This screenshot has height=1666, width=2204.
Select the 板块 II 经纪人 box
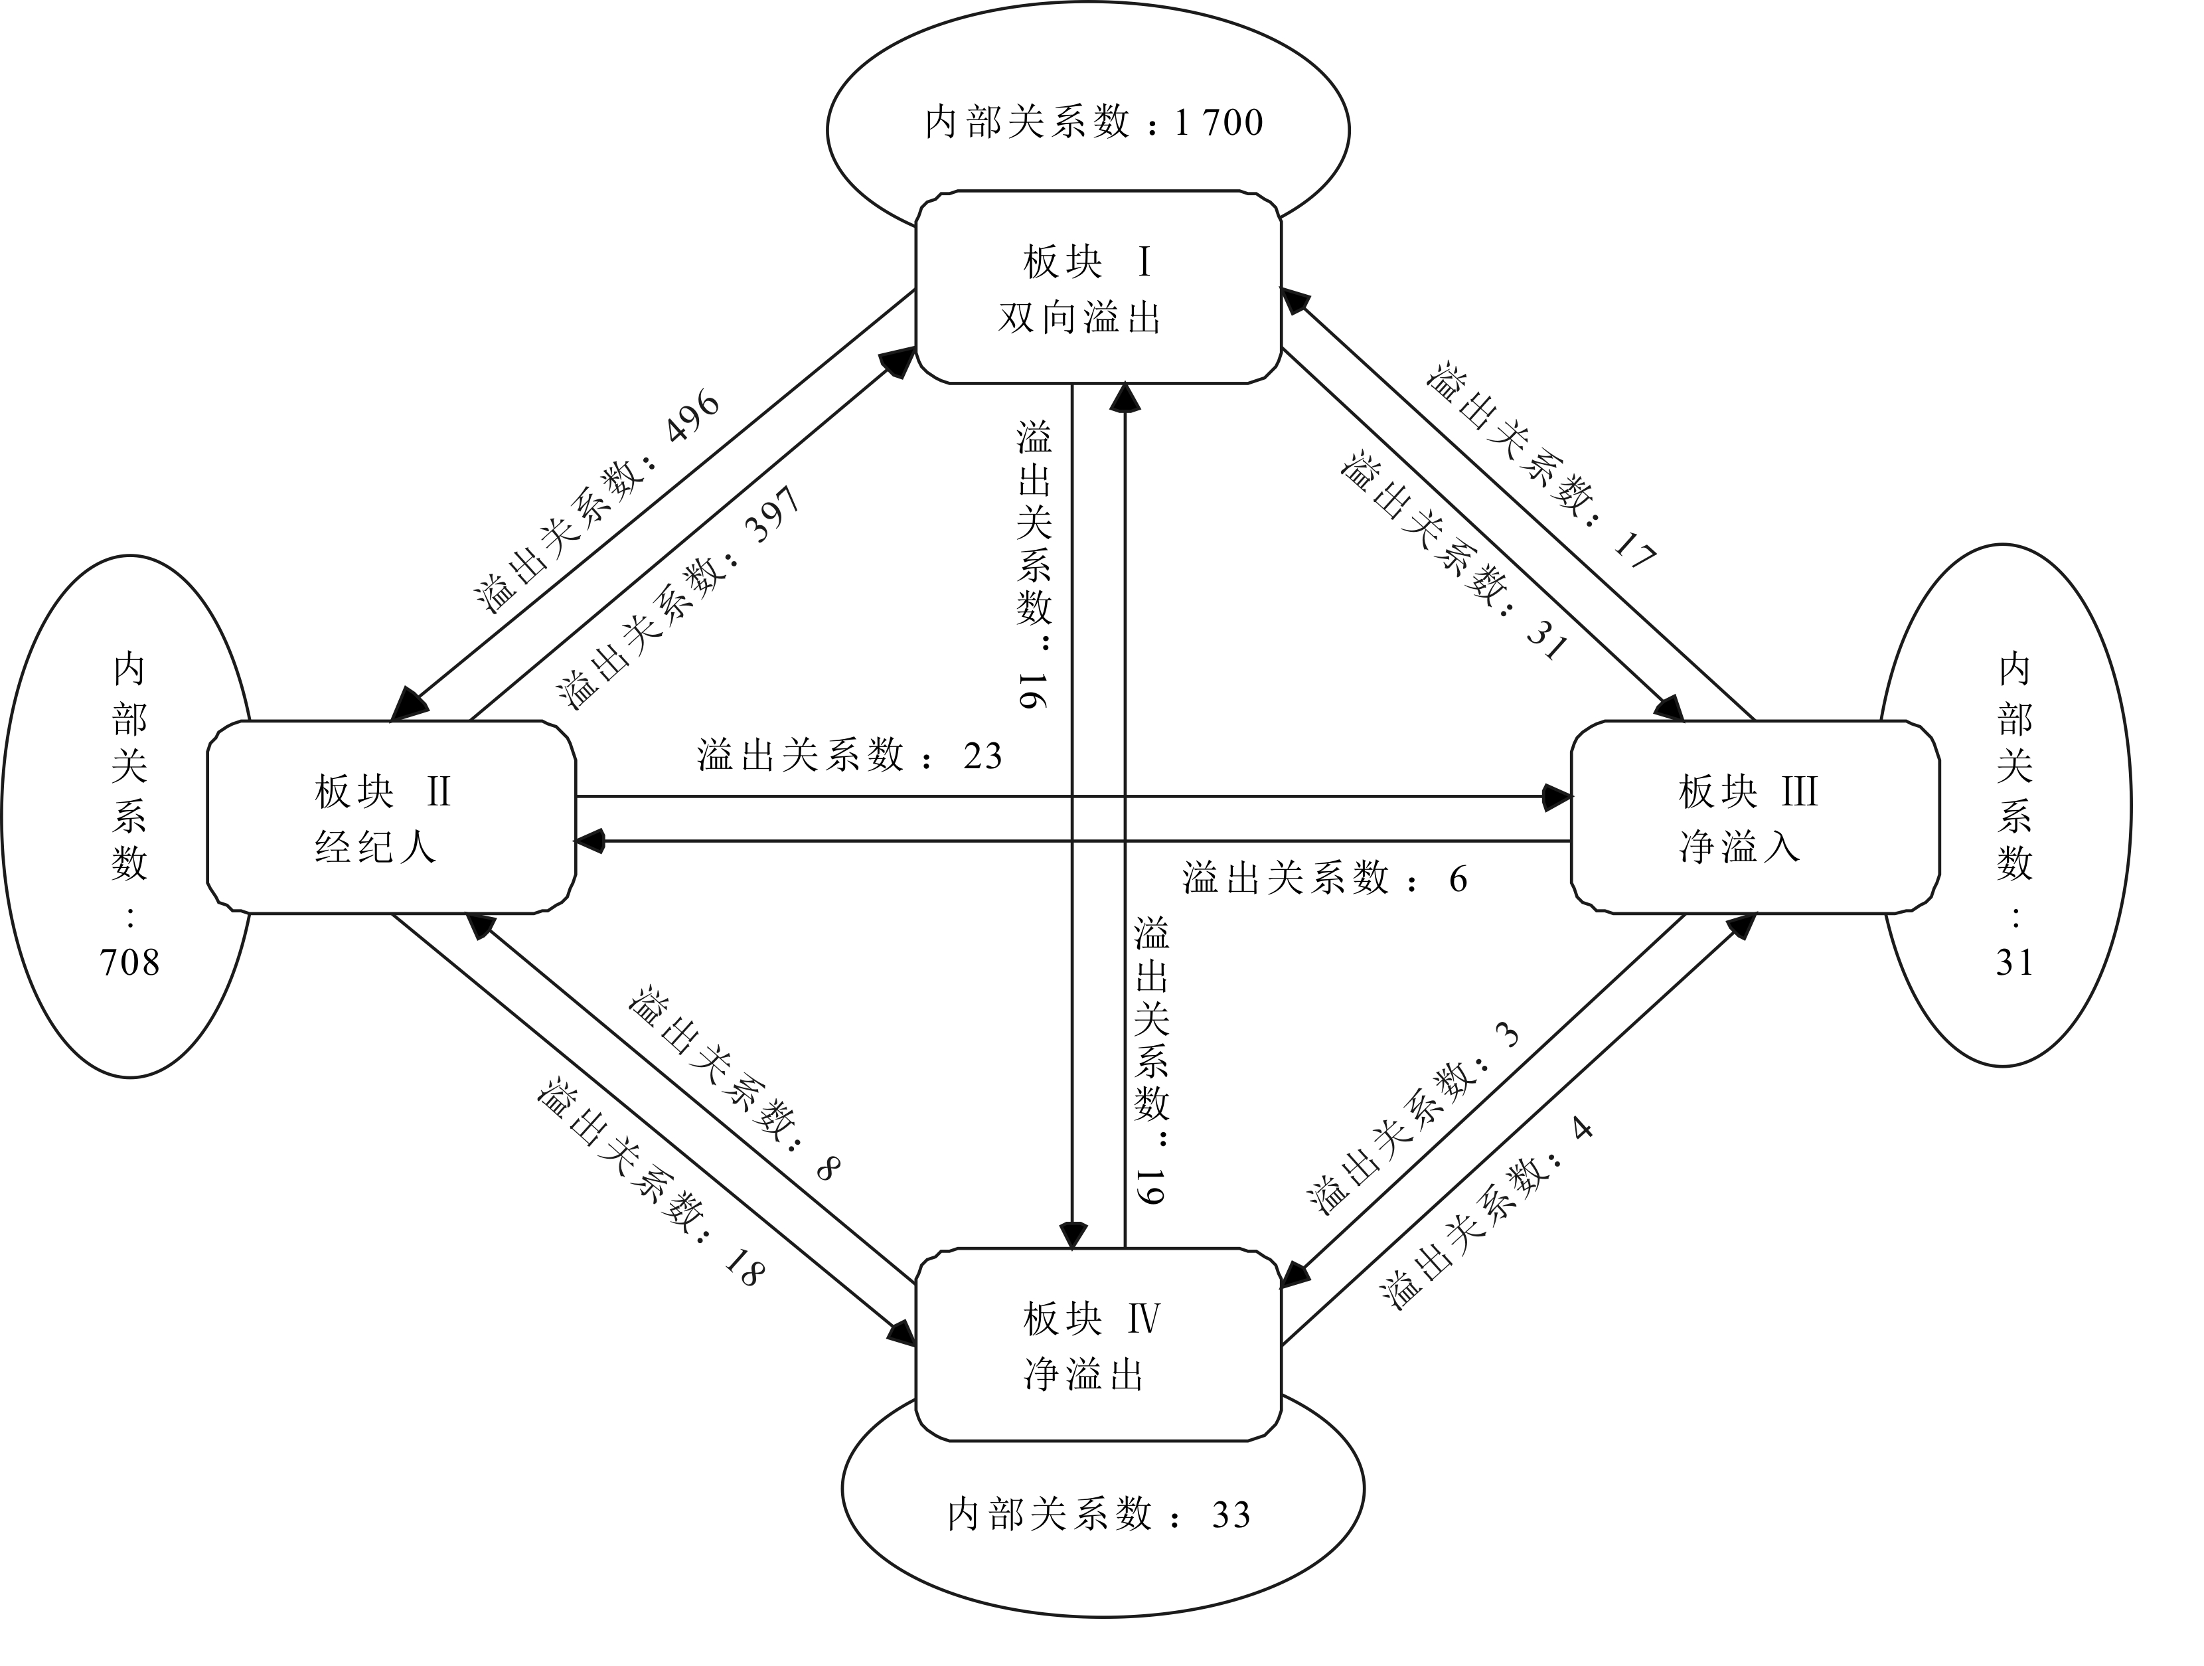390,817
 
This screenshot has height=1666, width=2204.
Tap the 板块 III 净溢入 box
1754,817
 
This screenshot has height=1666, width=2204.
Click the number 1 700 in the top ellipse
1219,124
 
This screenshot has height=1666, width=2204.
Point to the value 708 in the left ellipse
129,963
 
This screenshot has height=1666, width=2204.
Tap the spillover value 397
775,514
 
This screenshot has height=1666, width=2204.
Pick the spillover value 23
983,756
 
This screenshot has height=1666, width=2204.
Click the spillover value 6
1458,879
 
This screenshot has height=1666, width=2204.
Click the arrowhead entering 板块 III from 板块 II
1556,797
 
